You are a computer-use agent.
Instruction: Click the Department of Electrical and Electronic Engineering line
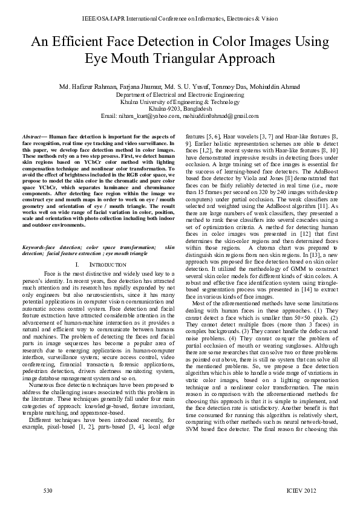tap(180, 95)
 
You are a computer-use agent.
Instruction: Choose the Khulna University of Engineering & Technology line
tap(180, 102)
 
